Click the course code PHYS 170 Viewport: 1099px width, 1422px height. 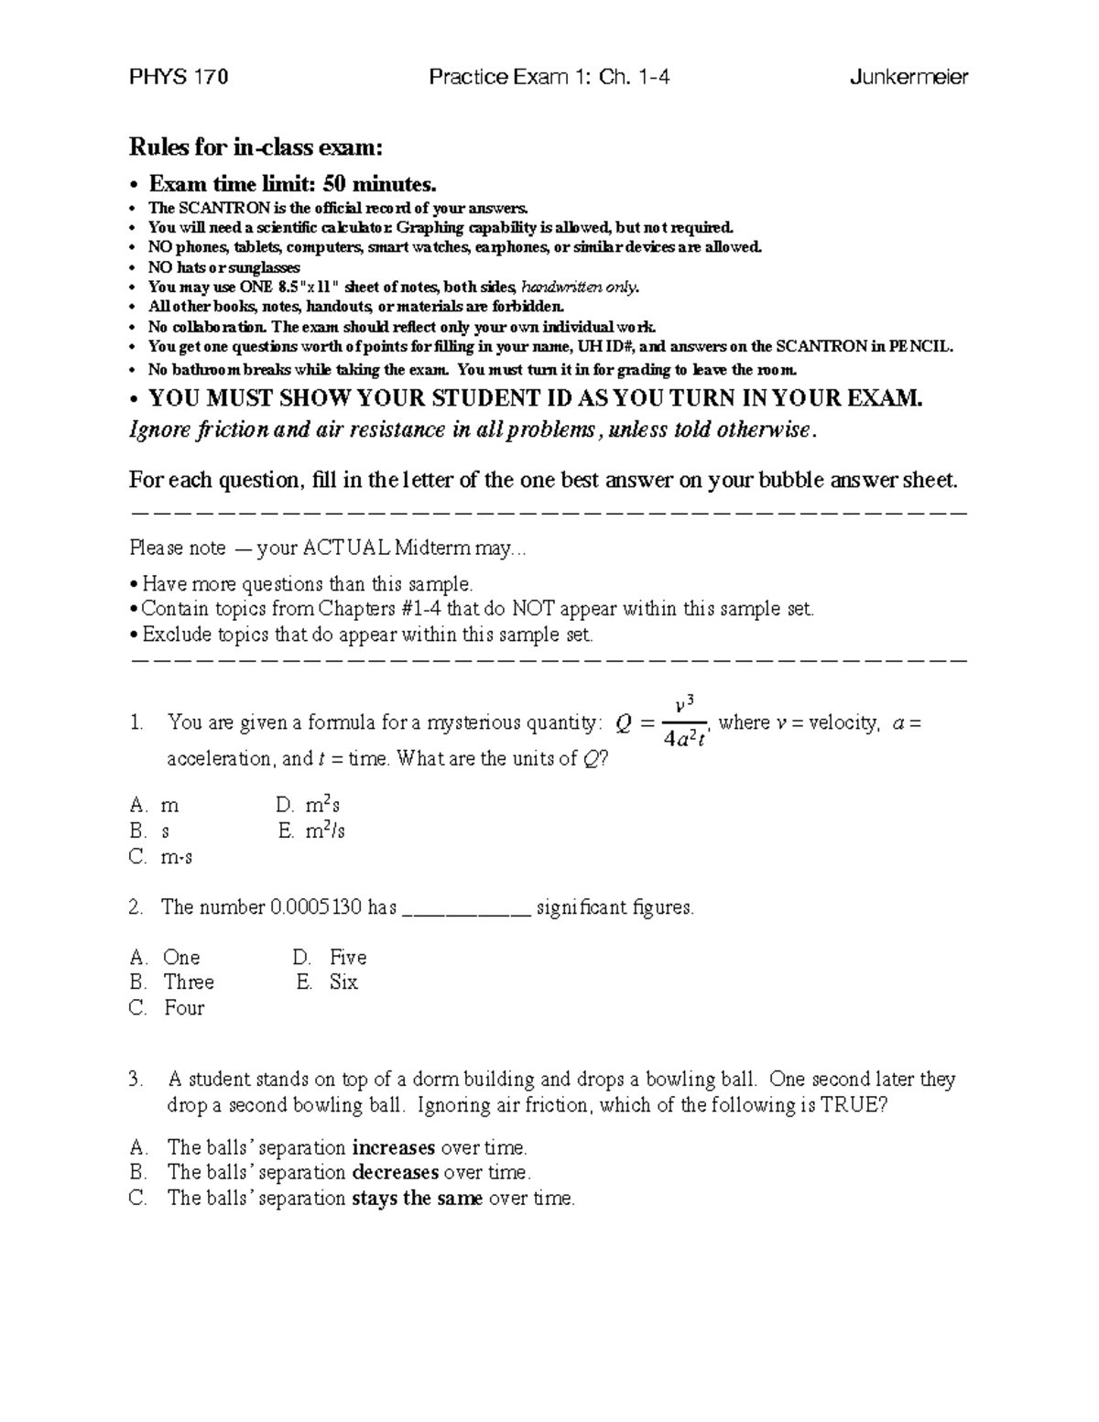(179, 77)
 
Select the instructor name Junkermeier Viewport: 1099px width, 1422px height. (909, 77)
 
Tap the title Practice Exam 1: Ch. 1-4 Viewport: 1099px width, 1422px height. (549, 77)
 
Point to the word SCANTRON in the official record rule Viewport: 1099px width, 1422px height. (219, 208)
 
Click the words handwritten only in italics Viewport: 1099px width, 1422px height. (580, 287)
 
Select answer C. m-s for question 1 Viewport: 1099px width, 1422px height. (161, 857)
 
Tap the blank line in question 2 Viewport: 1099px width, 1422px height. (466, 911)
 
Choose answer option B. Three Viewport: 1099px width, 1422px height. (172, 982)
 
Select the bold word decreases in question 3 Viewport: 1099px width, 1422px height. (395, 1172)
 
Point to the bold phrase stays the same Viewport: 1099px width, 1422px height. (417, 1198)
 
